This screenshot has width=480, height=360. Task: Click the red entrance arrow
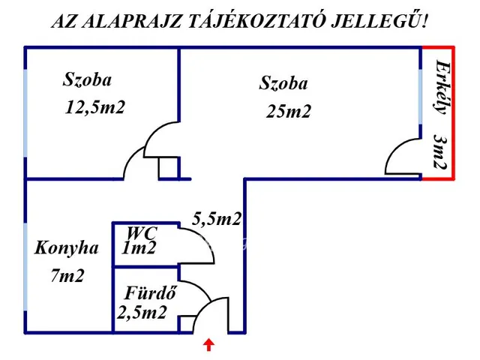209,344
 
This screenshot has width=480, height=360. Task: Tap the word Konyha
66,247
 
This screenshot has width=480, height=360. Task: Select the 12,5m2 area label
95,107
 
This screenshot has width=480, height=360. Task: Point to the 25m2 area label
288,112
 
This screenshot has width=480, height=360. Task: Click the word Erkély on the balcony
442,86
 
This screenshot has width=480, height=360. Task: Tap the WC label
141,233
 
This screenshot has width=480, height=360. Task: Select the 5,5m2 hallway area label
217,219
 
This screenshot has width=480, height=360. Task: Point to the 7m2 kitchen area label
67,275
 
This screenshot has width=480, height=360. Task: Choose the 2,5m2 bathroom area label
142,313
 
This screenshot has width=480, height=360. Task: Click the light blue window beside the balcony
420,94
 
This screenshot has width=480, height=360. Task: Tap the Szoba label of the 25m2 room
283,83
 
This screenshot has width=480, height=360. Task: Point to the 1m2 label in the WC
139,248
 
